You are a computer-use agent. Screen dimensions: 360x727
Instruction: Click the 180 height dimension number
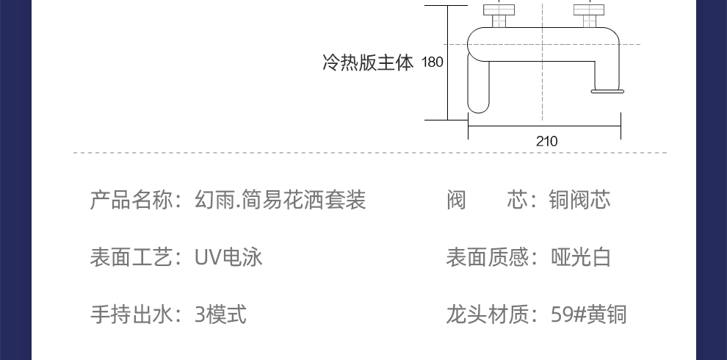coord(433,62)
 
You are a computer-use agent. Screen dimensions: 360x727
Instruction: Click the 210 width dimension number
coord(546,141)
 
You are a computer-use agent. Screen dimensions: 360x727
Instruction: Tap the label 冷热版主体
coord(368,62)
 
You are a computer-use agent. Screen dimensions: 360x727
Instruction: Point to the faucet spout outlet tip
coord(607,91)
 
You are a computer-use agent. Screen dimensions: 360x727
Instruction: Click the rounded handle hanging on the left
coord(479,87)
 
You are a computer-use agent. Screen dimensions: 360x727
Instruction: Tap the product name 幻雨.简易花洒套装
coord(280,200)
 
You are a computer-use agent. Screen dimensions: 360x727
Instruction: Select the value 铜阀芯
coord(579,200)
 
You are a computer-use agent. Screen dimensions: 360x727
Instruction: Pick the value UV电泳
coord(228,257)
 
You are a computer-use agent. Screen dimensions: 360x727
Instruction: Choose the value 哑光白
coord(579,257)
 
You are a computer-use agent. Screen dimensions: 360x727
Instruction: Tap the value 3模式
coord(220,314)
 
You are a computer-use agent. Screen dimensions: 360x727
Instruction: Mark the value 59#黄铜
coord(588,314)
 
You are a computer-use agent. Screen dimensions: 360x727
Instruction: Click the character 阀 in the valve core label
coord(456,200)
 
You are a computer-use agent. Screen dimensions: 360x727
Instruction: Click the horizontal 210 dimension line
coord(514,126)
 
